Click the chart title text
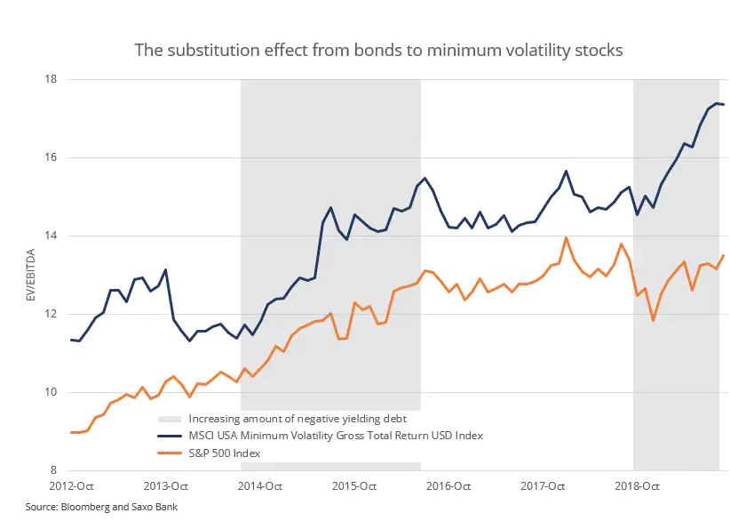click(x=378, y=50)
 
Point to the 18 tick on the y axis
click(x=51, y=80)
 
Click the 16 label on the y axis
click(x=51, y=158)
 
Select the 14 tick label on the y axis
click(x=51, y=236)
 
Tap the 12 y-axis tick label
click(x=51, y=315)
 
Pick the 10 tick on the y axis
click(x=51, y=393)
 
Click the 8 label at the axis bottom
click(x=53, y=471)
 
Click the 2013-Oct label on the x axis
click(x=165, y=486)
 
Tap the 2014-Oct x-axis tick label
click(x=260, y=486)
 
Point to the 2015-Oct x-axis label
click(x=354, y=486)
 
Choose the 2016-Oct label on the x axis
click(x=449, y=486)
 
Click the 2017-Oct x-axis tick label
click(x=544, y=486)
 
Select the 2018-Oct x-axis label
click(x=638, y=486)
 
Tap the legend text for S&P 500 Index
click(x=223, y=453)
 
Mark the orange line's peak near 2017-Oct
click(x=566, y=237)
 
